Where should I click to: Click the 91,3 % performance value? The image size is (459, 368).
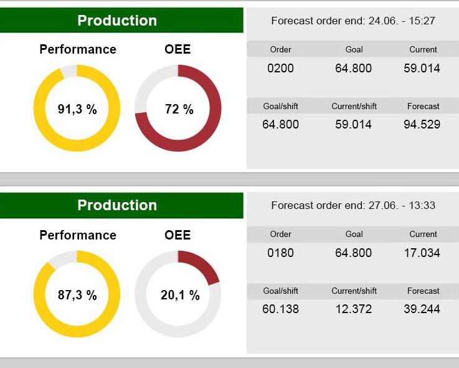click(77, 110)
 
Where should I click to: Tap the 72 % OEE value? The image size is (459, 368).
click(179, 110)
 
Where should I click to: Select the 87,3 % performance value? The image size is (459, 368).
click(77, 295)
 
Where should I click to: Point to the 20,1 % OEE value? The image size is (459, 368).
click(180, 295)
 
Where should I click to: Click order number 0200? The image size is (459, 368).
click(280, 68)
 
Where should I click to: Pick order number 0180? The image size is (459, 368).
click(280, 253)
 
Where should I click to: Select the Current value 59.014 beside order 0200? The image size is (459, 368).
click(422, 68)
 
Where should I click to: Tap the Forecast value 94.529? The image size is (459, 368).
click(422, 124)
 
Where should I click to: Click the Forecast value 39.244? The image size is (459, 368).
click(422, 309)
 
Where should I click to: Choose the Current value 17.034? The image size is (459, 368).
click(422, 253)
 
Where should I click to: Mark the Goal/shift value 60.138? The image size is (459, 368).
click(280, 309)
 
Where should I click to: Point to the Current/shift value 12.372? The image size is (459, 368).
click(353, 309)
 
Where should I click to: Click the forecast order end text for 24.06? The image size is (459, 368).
click(353, 21)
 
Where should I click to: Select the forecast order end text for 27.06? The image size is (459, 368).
click(353, 205)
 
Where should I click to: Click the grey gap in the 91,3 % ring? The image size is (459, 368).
click(69, 71)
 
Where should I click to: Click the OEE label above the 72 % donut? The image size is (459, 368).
click(177, 49)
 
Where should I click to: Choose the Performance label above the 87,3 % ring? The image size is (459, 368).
click(78, 235)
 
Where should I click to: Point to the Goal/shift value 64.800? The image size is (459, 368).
click(280, 124)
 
